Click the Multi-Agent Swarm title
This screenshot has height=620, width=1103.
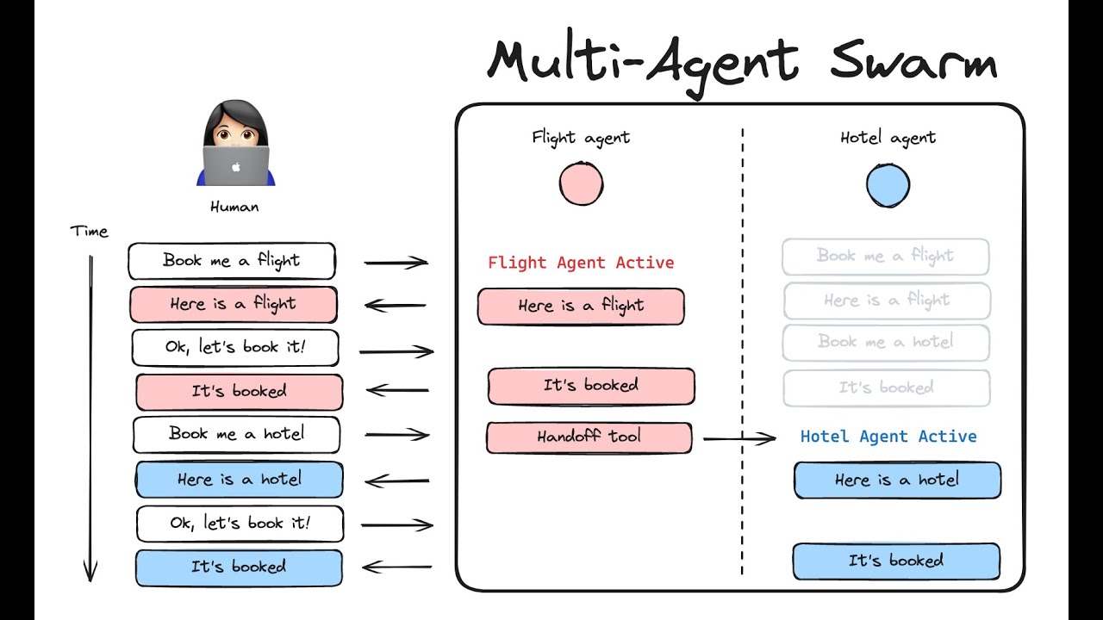click(741, 60)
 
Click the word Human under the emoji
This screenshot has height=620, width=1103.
click(234, 207)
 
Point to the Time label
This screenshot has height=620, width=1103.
click(90, 232)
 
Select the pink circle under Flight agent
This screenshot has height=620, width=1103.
click(581, 184)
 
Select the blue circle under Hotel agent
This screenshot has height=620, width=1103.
click(888, 185)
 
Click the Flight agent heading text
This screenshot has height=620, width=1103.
click(581, 137)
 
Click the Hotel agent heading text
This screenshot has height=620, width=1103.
click(888, 138)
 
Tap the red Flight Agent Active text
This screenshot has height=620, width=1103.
click(581, 263)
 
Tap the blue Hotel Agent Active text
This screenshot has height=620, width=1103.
click(888, 437)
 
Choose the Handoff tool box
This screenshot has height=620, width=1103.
click(589, 437)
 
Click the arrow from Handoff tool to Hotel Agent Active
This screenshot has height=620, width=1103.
click(739, 439)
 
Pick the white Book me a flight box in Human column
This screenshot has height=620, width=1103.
click(232, 261)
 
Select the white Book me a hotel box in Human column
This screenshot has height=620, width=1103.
click(236, 434)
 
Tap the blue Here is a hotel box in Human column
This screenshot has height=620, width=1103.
click(239, 480)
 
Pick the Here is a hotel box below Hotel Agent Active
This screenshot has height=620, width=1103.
click(897, 480)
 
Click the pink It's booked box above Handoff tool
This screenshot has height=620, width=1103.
click(590, 386)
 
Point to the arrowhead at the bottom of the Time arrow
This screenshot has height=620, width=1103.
click(90, 573)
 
